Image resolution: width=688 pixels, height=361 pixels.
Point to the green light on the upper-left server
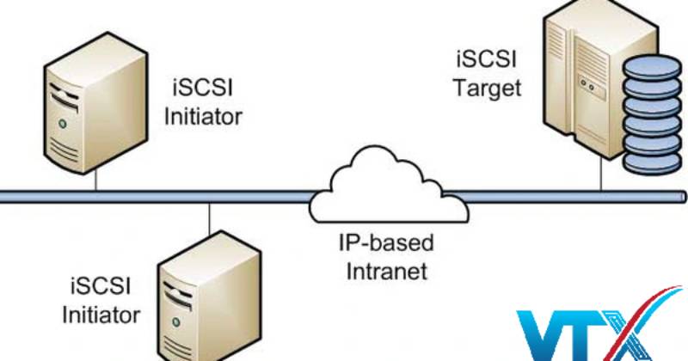pyautogui.click(x=62, y=126)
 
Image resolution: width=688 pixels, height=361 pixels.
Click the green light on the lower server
pyautogui.click(x=176, y=319)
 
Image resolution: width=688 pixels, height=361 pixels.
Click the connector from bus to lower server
pyautogui.click(x=209, y=223)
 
